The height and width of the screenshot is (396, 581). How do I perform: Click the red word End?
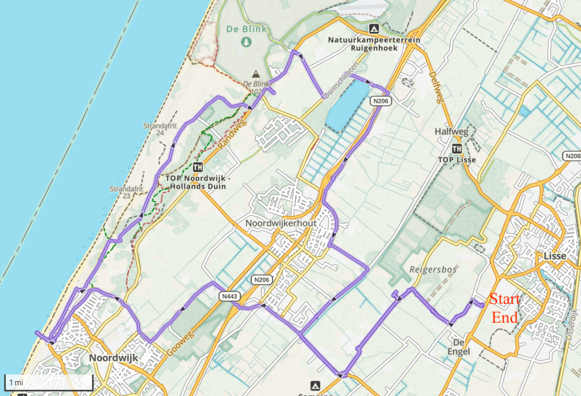coord(505,317)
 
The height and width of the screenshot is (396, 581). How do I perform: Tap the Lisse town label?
coord(554,256)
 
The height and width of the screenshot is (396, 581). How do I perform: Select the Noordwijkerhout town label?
coord(281,223)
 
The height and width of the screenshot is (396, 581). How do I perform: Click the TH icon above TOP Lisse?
coord(456,149)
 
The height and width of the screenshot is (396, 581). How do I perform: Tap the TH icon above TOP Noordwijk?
coord(198,167)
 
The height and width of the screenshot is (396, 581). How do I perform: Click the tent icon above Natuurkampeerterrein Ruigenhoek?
coord(373,28)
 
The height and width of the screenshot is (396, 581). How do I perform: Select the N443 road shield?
coord(229,296)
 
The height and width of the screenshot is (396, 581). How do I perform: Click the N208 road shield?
coord(572,156)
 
